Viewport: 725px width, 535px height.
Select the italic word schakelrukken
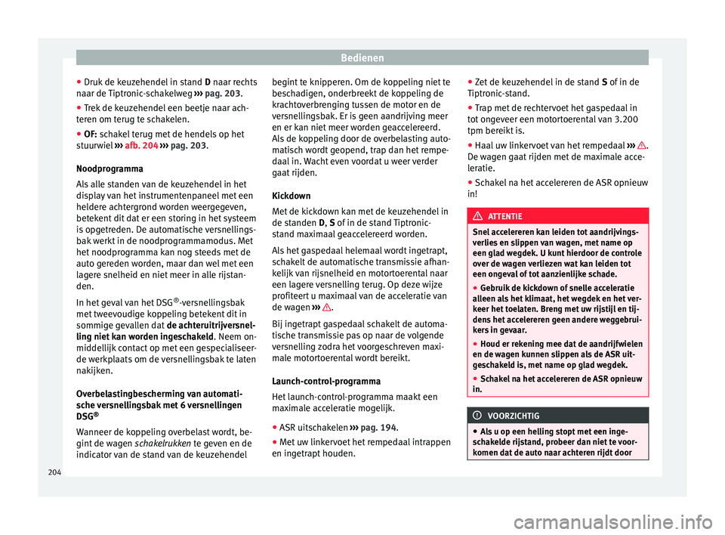click(x=163, y=441)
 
